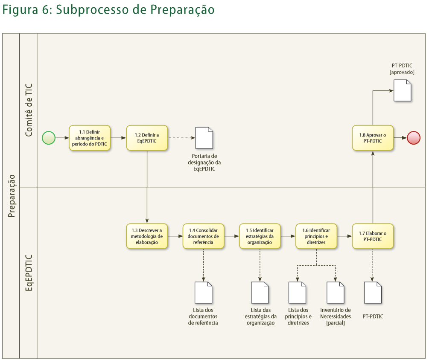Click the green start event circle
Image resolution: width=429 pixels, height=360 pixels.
(x=49, y=138)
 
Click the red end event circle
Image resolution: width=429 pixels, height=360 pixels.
(x=414, y=138)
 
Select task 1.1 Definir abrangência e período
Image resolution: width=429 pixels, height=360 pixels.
(x=90, y=138)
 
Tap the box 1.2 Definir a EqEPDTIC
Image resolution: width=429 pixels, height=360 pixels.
(x=147, y=138)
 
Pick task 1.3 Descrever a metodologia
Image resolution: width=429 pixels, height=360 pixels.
(x=147, y=236)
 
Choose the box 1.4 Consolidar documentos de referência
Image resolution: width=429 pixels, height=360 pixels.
(x=203, y=236)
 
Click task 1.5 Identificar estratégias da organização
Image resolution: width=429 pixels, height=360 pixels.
(x=260, y=236)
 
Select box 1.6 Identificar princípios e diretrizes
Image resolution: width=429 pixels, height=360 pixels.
(x=316, y=236)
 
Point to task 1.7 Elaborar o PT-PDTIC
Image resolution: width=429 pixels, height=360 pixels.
(x=373, y=236)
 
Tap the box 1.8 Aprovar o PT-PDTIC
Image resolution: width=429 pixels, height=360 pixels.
(x=373, y=138)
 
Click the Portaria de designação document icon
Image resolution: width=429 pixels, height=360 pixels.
(x=204, y=138)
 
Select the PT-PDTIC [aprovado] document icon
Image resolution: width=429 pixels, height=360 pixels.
(x=402, y=90)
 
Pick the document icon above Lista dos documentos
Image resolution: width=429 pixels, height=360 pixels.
(x=203, y=293)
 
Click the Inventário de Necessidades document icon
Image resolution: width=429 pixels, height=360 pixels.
(x=335, y=293)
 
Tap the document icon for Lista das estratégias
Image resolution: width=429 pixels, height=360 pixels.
(x=260, y=293)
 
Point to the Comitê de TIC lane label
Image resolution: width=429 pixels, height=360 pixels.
(x=29, y=110)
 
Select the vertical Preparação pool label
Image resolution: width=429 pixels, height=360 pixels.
(x=12, y=196)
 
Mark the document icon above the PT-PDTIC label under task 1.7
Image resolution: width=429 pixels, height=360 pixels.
(x=373, y=293)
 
